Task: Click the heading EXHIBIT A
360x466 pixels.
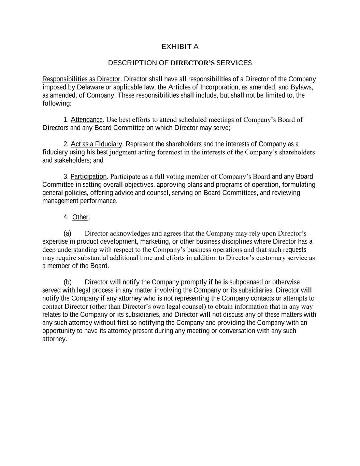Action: coord(180,47)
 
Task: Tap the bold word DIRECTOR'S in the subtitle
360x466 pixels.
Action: coord(192,63)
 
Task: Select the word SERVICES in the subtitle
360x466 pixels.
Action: coord(234,63)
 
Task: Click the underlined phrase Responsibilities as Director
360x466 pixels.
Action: coord(81,79)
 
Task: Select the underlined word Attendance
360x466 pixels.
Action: coord(86,120)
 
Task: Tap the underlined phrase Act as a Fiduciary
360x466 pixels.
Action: coord(96,144)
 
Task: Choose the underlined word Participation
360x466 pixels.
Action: coord(89,176)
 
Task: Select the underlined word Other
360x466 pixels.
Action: coord(80,217)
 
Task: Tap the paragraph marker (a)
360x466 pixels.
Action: coord(67,234)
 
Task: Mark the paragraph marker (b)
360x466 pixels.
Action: coord(68,282)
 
